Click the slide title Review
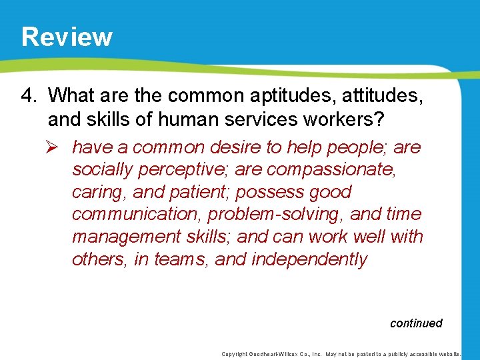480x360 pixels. pos(67,37)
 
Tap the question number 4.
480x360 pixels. pos(28,95)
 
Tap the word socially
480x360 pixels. pos(102,169)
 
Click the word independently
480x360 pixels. pos(309,259)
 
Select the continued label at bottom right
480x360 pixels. pos(416,323)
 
